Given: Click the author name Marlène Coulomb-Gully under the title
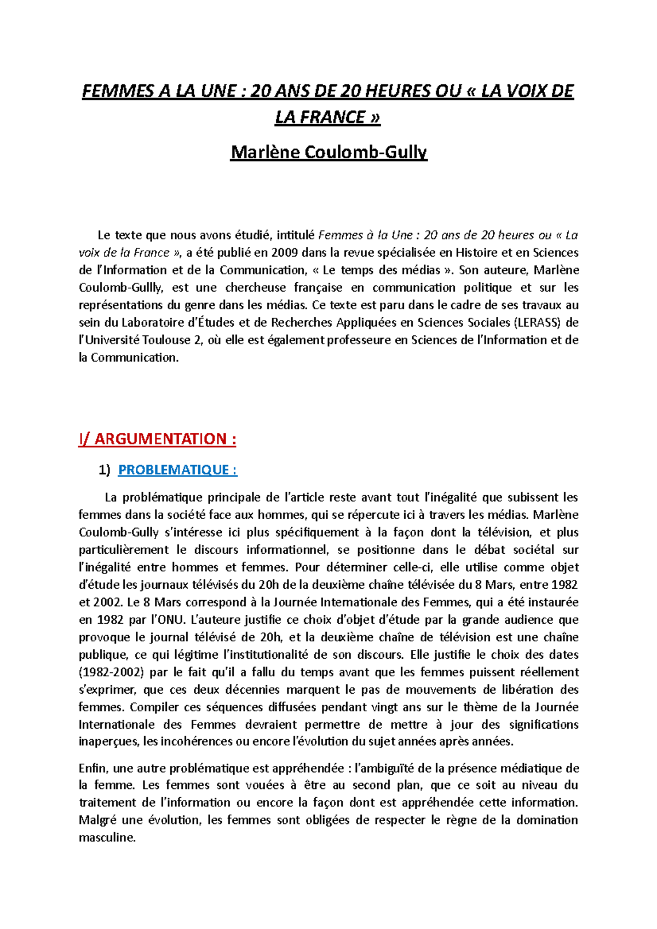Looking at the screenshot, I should point(328,152).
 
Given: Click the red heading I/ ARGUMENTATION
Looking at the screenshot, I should point(158,439).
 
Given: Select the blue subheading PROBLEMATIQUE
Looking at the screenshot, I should point(177,470).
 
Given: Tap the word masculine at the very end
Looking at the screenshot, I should point(107,837).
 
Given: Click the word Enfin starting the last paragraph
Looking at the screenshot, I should point(93,768).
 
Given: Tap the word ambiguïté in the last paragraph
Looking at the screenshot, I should point(385,768).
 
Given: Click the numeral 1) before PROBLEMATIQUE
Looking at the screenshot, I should point(104,470).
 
